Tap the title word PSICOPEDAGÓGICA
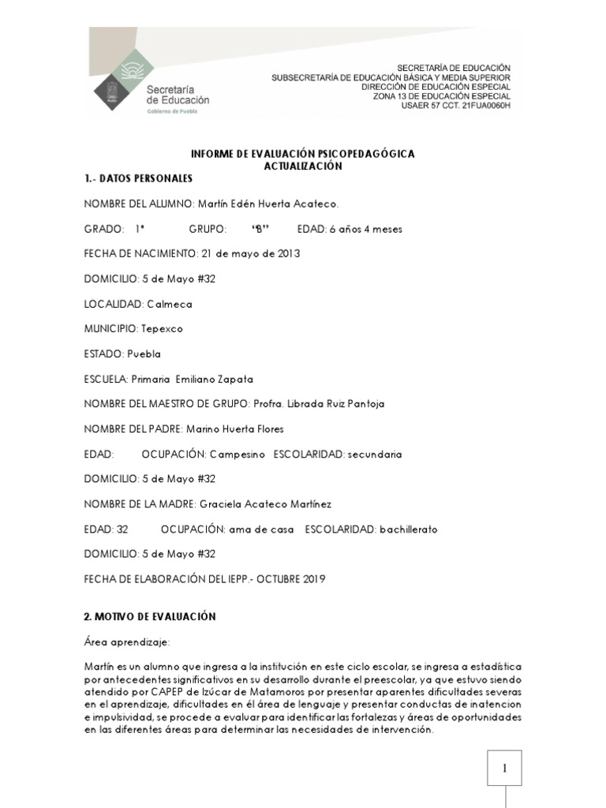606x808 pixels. (365, 154)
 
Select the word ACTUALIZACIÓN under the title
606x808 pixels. (302, 166)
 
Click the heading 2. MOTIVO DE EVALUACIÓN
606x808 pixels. (150, 615)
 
